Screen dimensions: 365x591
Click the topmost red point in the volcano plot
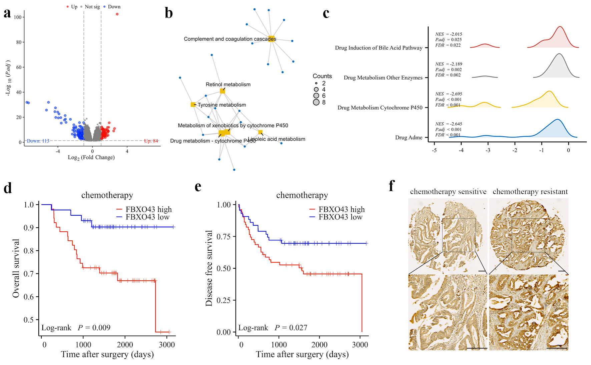click(x=117, y=14)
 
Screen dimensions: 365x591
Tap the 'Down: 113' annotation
click(x=38, y=141)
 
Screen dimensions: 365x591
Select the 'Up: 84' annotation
click(x=151, y=141)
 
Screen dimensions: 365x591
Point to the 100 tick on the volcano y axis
click(x=18, y=17)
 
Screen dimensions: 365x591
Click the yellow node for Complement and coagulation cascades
click(x=271, y=39)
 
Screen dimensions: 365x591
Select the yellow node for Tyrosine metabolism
click(x=193, y=105)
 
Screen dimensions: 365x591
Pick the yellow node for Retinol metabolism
click(x=222, y=91)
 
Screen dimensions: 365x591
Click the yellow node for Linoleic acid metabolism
click(x=260, y=132)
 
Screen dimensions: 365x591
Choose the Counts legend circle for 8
click(x=316, y=102)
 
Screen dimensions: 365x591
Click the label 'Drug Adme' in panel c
click(x=409, y=137)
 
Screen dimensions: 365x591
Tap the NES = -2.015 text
click(x=449, y=34)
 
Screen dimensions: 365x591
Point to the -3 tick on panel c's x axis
click(x=488, y=150)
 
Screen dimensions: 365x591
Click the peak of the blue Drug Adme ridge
click(x=557, y=119)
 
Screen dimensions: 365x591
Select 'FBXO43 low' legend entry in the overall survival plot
click(x=147, y=217)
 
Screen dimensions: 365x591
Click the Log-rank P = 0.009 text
click(x=76, y=328)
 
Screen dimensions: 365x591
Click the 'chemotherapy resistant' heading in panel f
click(x=530, y=192)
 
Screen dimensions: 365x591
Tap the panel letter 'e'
click(x=198, y=187)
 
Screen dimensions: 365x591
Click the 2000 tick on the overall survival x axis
click(x=125, y=345)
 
